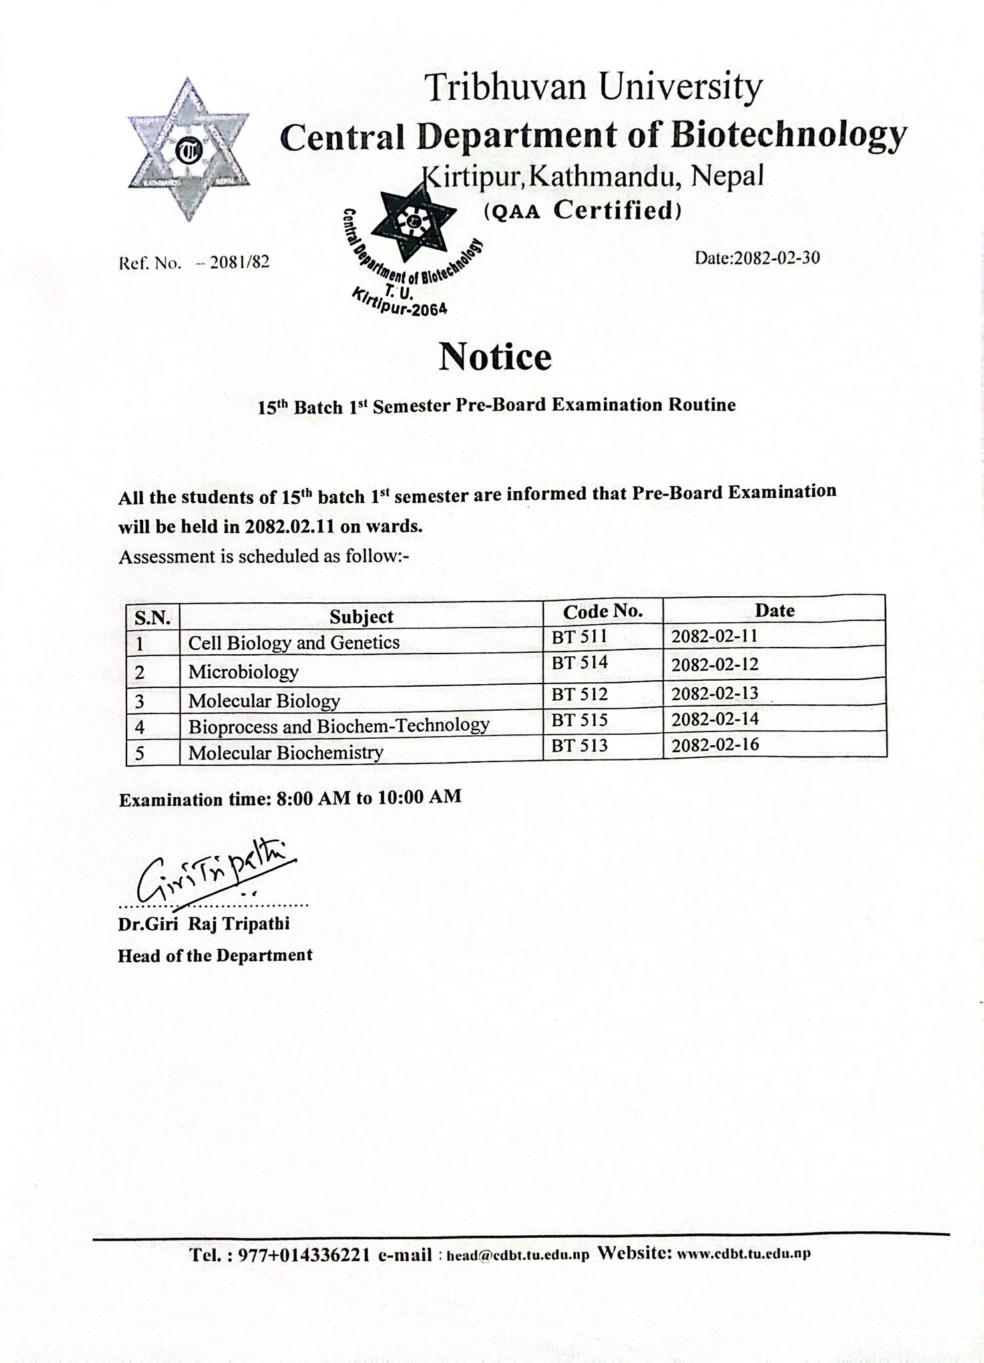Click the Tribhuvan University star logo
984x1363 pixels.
coord(188,150)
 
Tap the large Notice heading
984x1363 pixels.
coord(495,357)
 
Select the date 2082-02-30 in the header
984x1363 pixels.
coord(757,258)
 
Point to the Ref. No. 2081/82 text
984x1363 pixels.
coord(194,263)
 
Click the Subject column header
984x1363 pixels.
coord(362,617)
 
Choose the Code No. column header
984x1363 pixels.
coord(603,612)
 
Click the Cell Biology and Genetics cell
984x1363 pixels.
coord(294,643)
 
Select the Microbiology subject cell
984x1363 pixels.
coord(243,672)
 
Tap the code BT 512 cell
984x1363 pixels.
coord(579,694)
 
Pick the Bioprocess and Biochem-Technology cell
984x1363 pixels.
coord(339,725)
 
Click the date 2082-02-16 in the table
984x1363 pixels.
coord(714,745)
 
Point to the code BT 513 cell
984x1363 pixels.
coord(579,745)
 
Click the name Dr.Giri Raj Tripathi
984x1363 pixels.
coord(204,924)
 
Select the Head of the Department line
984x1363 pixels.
coord(215,956)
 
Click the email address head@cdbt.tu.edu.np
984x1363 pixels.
coord(517,1256)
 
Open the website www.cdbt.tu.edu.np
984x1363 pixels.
coord(743,1255)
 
